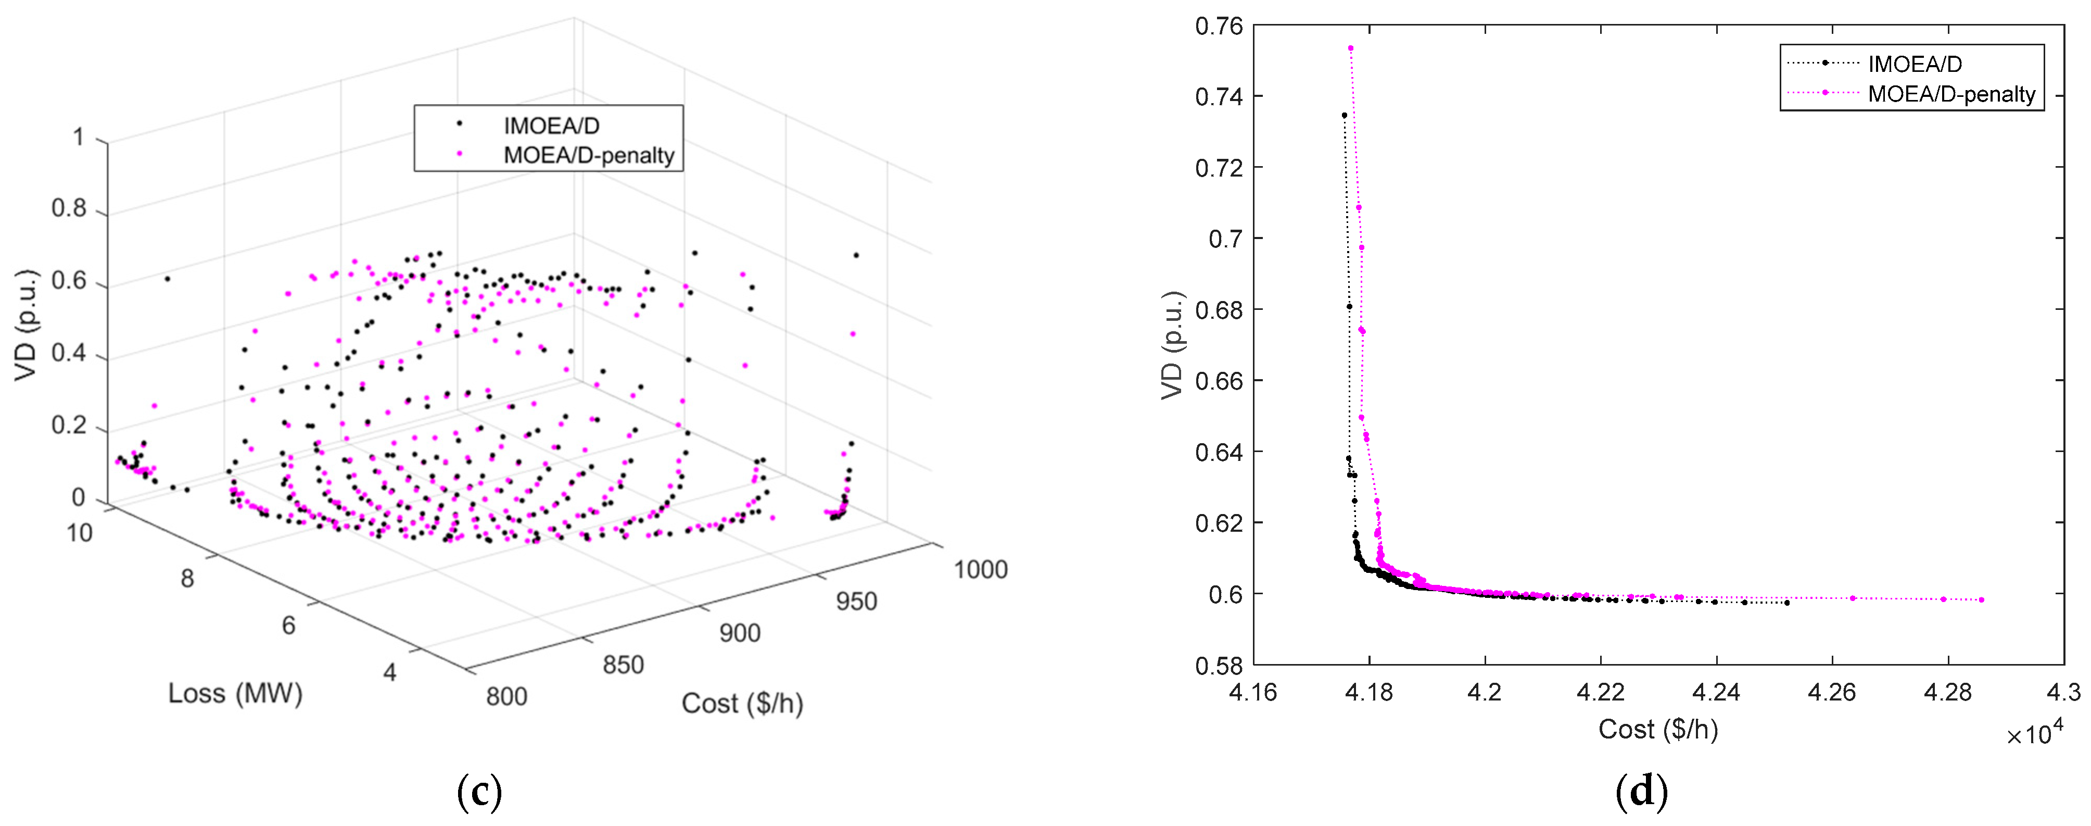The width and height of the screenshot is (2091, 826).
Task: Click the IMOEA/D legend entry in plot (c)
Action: pos(550,126)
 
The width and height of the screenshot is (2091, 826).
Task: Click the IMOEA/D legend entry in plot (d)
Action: pos(1914,64)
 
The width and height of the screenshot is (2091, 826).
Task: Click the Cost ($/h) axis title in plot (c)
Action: pos(742,704)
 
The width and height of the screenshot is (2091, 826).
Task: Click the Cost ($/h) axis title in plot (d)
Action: pos(1657,729)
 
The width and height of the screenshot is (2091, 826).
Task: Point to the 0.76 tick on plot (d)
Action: pos(1219,27)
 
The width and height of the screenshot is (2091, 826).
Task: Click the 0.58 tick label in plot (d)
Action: pos(1219,665)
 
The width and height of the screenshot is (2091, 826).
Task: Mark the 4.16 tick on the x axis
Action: pos(1253,692)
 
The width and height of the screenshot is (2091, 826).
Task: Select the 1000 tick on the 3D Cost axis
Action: pos(980,569)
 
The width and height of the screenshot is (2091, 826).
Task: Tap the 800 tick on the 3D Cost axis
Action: pos(506,696)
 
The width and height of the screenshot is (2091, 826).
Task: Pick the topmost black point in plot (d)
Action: pos(1344,115)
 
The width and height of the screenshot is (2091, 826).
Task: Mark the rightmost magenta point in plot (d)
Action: pos(1981,600)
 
